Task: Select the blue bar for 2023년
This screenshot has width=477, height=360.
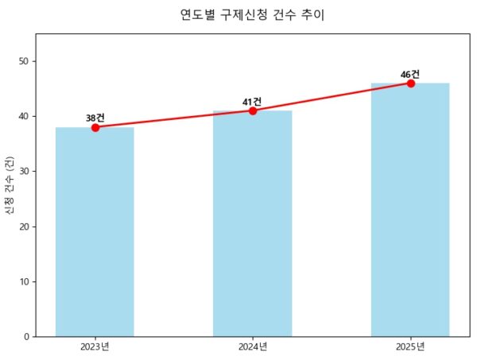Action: click(x=95, y=231)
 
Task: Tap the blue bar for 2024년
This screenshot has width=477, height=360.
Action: click(x=252, y=223)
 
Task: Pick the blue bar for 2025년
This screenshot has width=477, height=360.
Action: click(x=410, y=210)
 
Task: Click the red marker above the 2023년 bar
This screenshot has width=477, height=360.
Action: click(x=95, y=127)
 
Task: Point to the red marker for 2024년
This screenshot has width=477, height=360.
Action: click(x=253, y=110)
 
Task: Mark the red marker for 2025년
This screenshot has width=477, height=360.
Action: click(x=411, y=83)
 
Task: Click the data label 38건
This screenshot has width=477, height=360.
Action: click(x=95, y=118)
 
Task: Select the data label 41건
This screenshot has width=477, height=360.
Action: click(x=253, y=102)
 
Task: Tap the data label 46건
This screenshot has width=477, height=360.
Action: click(x=410, y=74)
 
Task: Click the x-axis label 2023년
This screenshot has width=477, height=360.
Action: click(x=95, y=346)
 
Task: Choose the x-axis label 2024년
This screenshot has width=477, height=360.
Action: click(x=252, y=346)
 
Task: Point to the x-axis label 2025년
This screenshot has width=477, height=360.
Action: click(x=410, y=346)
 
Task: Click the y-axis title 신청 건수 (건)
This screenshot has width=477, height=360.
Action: click(x=9, y=185)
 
